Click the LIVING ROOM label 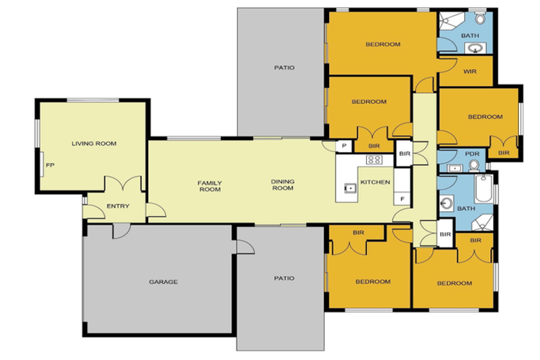click(94, 143)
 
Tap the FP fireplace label click(49, 165)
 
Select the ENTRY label click(117, 206)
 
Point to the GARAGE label click(162, 282)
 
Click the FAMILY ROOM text click(210, 186)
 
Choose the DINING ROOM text click(283, 186)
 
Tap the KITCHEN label click(375, 183)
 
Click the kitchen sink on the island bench click(349, 188)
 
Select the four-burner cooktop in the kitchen click(374, 160)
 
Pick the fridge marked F click(401, 198)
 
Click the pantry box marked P click(345, 146)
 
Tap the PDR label click(472, 155)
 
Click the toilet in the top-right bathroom click(480, 15)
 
